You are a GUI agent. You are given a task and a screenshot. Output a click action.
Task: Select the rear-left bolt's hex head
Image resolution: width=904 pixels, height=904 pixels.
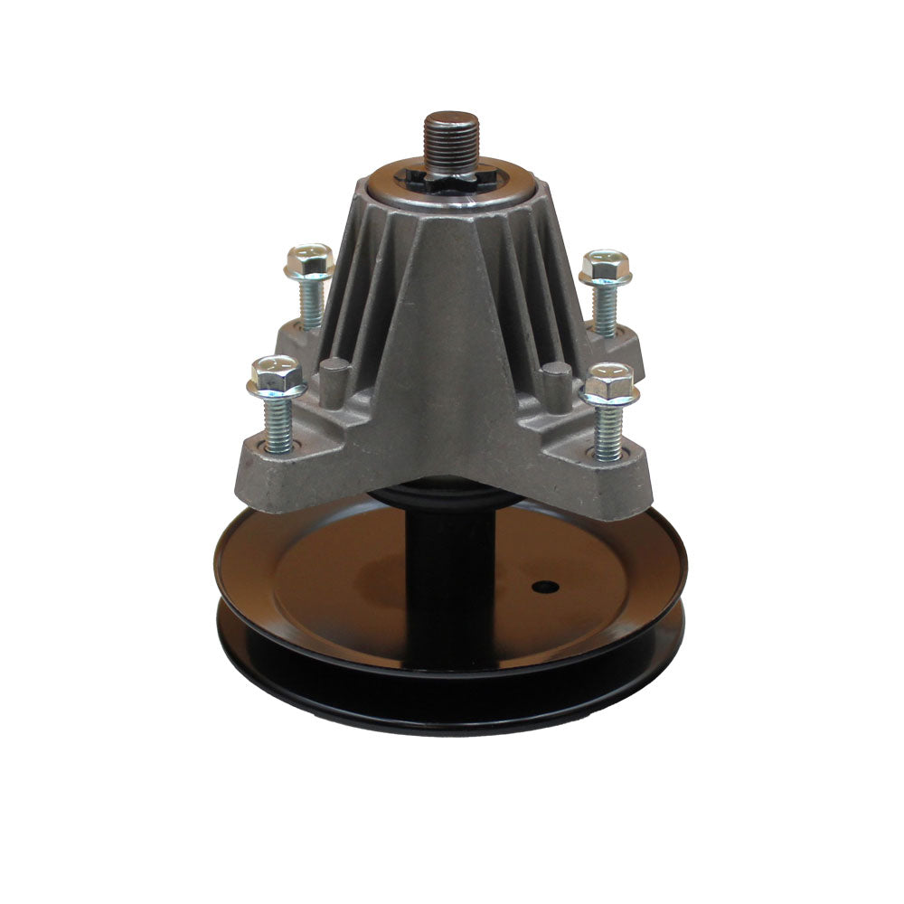click(x=309, y=262)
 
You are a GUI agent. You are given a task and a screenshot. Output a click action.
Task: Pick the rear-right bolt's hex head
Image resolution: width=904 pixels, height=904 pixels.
click(x=605, y=268)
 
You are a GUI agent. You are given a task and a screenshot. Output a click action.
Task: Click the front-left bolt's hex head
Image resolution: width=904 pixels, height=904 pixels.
click(x=276, y=378)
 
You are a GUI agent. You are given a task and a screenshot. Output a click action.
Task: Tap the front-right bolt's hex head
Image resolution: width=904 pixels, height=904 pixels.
click(x=608, y=384)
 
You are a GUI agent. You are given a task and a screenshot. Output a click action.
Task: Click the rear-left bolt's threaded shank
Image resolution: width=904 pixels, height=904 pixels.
click(x=311, y=303)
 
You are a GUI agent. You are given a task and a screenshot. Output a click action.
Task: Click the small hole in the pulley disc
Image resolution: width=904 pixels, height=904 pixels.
click(x=544, y=589)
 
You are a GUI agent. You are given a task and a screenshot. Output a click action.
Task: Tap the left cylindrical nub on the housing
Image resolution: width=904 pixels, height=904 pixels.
click(x=335, y=376)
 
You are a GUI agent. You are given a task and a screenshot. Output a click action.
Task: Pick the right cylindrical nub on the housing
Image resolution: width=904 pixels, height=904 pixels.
click(x=556, y=380)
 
